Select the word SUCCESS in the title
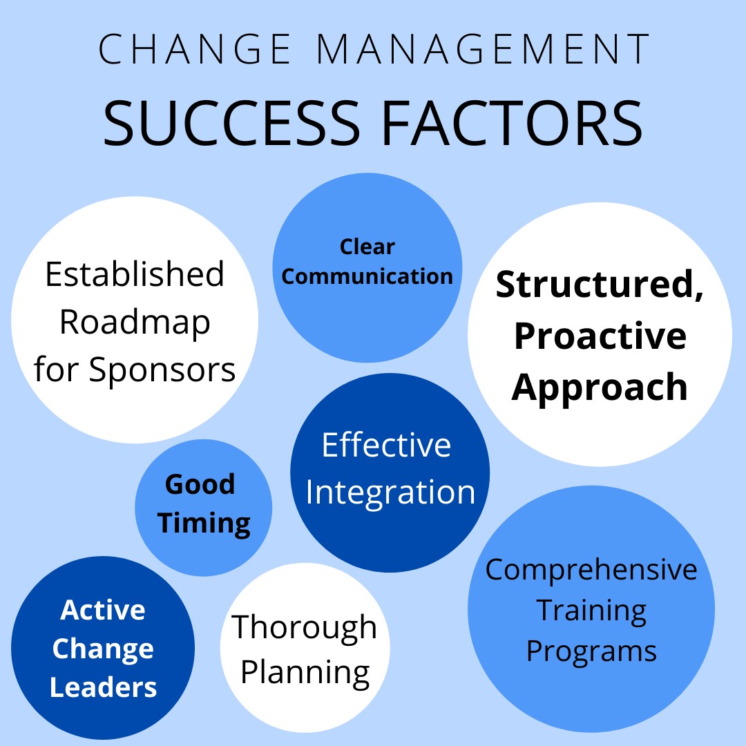pos(231,123)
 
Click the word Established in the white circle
pos(135,274)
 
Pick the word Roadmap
pos(135,323)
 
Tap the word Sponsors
pos(162,371)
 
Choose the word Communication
pos(367,276)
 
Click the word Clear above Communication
pos(367,247)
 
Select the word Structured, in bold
pos(599,285)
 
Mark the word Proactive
pos(600,336)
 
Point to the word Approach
pos(600,388)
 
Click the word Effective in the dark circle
pos(386,445)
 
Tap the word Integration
pos(390,493)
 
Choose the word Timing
pos(204,524)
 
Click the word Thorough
pos(305,628)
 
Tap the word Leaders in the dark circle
pos(103,687)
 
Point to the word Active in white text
pos(103,610)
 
